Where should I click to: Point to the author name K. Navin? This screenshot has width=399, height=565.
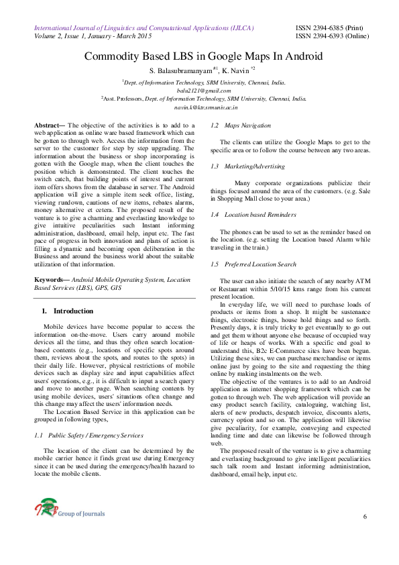pos(238,70)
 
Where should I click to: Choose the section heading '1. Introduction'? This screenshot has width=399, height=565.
pos(68,311)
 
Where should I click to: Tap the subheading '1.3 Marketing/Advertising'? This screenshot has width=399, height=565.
pos(247,166)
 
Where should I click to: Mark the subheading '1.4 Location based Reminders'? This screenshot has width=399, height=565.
pos(253,214)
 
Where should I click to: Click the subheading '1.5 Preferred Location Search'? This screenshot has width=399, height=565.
pos(253,263)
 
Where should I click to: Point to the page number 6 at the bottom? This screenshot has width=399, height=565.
pos(365,516)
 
